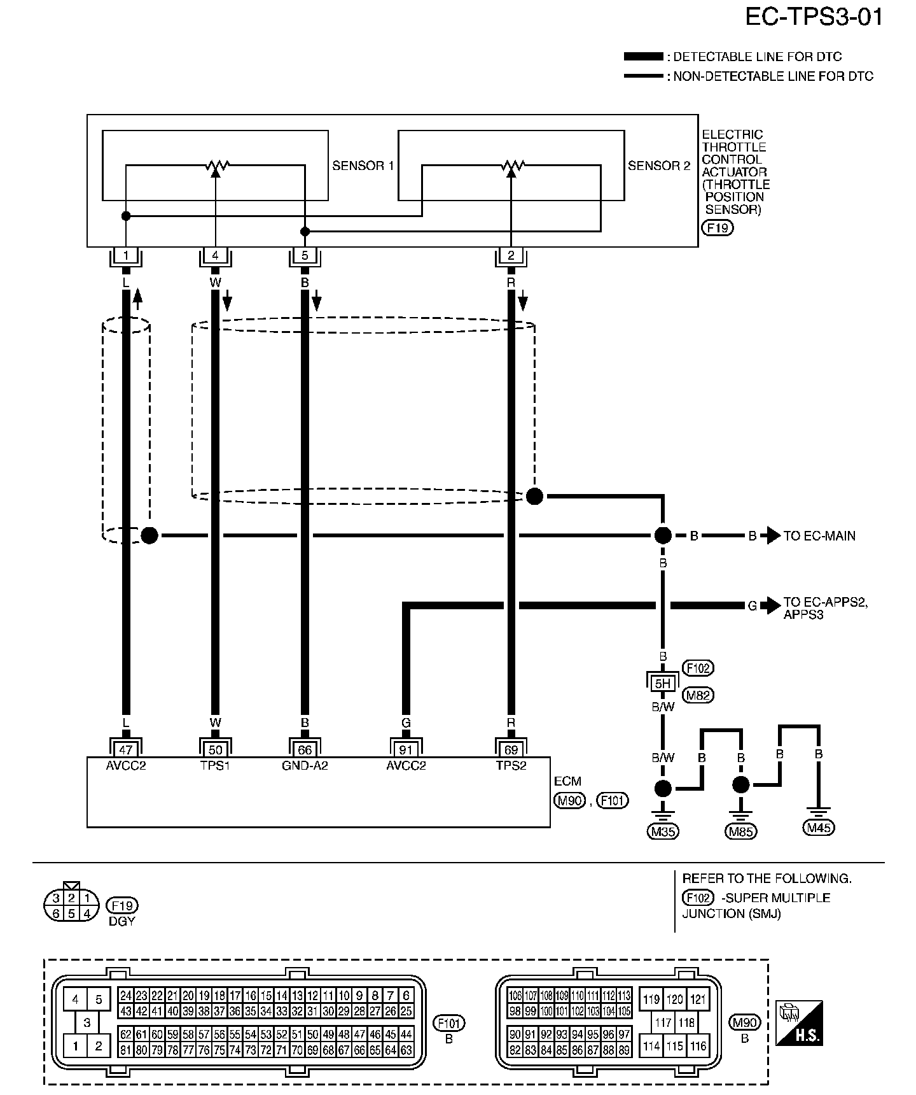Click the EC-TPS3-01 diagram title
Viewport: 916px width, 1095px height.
(x=814, y=17)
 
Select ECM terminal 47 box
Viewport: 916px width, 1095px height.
(x=126, y=750)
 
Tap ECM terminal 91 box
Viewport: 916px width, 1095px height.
(x=406, y=750)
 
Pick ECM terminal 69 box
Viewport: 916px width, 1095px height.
(x=511, y=750)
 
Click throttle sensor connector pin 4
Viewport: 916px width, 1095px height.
(x=215, y=256)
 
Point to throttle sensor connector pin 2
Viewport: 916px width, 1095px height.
(x=511, y=256)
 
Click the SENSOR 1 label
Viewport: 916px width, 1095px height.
(x=363, y=166)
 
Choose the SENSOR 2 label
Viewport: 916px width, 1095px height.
(x=659, y=166)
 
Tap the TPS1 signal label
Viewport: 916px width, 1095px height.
(x=215, y=766)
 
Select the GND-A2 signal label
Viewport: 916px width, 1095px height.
(x=305, y=766)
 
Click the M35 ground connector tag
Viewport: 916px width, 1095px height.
(x=663, y=831)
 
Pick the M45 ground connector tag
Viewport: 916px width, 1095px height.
(x=819, y=828)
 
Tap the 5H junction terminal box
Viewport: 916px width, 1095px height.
(x=663, y=684)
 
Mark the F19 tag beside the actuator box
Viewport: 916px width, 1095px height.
(x=718, y=227)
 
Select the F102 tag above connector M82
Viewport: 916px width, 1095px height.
(x=698, y=668)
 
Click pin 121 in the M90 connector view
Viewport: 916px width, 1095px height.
(x=698, y=1000)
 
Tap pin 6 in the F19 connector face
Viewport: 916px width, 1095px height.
(x=56, y=914)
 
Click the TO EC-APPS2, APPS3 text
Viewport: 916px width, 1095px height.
(x=826, y=609)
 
